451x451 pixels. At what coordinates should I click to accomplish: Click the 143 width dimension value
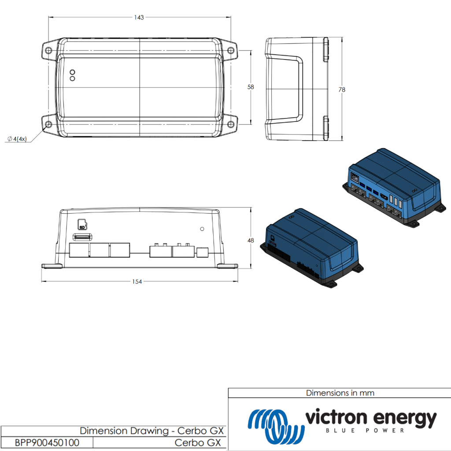(139, 17)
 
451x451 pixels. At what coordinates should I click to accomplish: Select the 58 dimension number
(251, 87)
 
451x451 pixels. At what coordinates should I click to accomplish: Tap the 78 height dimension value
(342, 89)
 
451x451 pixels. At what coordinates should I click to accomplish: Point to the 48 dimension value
(251, 240)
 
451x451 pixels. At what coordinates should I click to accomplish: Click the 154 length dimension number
(137, 281)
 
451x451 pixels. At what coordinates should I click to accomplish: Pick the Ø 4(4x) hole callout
(18, 139)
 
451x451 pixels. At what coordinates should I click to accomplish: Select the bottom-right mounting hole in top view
(231, 124)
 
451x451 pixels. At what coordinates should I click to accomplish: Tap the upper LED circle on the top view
(73, 72)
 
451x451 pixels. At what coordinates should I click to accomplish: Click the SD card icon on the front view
(81, 225)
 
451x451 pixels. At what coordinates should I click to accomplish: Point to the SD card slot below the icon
(81, 237)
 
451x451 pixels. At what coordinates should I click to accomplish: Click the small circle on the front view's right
(202, 229)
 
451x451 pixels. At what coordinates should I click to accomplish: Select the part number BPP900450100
(47, 443)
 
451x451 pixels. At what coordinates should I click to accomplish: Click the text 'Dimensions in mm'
(340, 393)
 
